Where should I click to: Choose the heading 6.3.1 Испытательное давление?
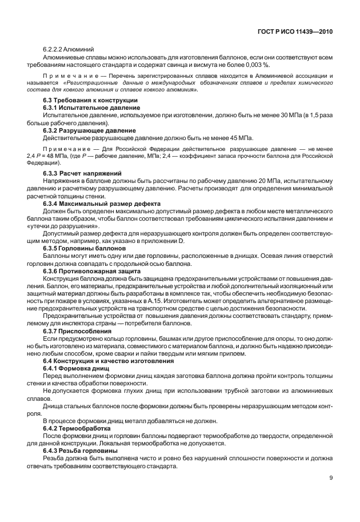click(x=91, y=107)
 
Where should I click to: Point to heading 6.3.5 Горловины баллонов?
click(x=83, y=249)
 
